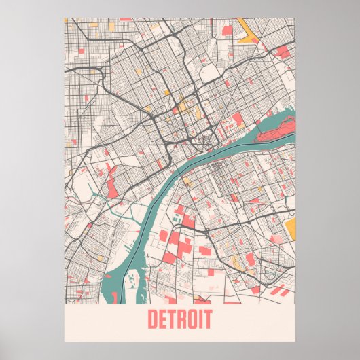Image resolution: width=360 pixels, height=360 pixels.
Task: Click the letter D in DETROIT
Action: coord(151,319)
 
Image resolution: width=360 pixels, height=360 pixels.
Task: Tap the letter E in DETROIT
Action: coord(162,319)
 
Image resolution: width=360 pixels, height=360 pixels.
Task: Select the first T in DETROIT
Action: coord(171,319)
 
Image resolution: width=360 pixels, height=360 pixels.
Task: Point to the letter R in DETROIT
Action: coord(181,319)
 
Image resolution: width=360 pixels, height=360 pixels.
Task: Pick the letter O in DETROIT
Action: coord(192,319)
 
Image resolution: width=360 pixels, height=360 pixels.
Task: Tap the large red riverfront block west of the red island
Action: coord(237,122)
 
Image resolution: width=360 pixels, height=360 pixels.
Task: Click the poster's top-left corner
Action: coord(65,18)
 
